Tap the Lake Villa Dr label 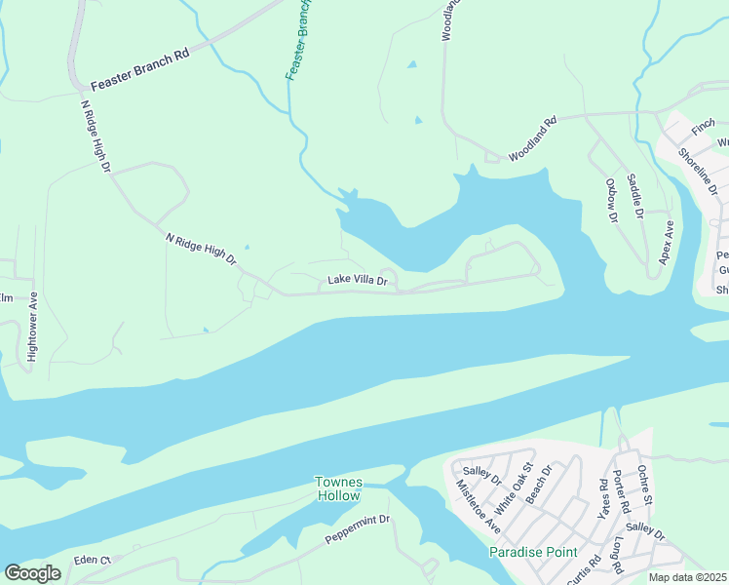point(357,281)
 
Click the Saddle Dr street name point(635,195)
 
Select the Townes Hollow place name point(338,488)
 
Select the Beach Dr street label point(540,485)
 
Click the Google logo point(32,573)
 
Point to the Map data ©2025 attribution point(687,577)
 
